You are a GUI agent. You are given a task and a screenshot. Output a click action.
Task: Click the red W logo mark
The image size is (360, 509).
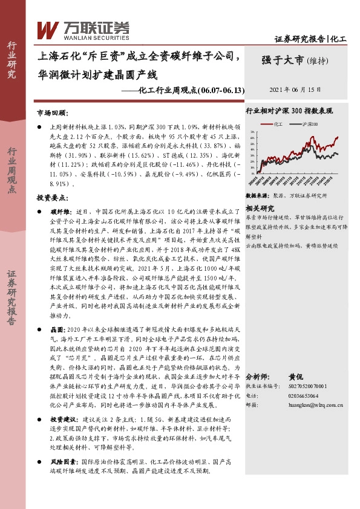(x=48, y=28)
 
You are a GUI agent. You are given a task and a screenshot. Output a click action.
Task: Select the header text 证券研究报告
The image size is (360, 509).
(x=299, y=39)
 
